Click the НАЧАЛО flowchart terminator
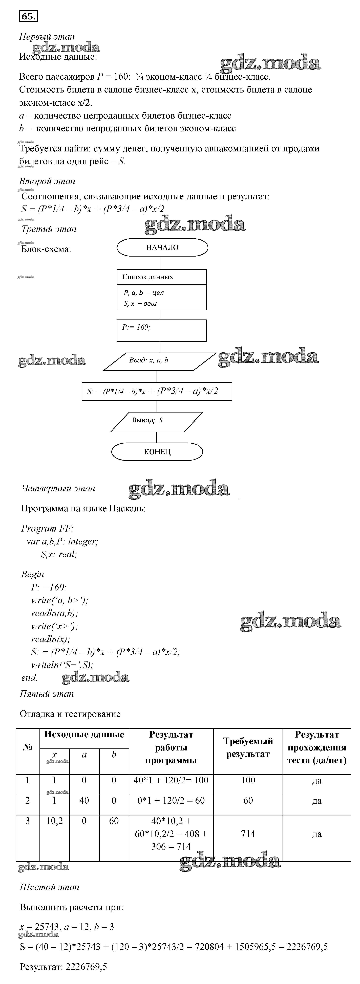[x=162, y=247]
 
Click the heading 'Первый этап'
[x=47, y=37]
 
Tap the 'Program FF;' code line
[x=47, y=529]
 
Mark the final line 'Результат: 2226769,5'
[x=63, y=967]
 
